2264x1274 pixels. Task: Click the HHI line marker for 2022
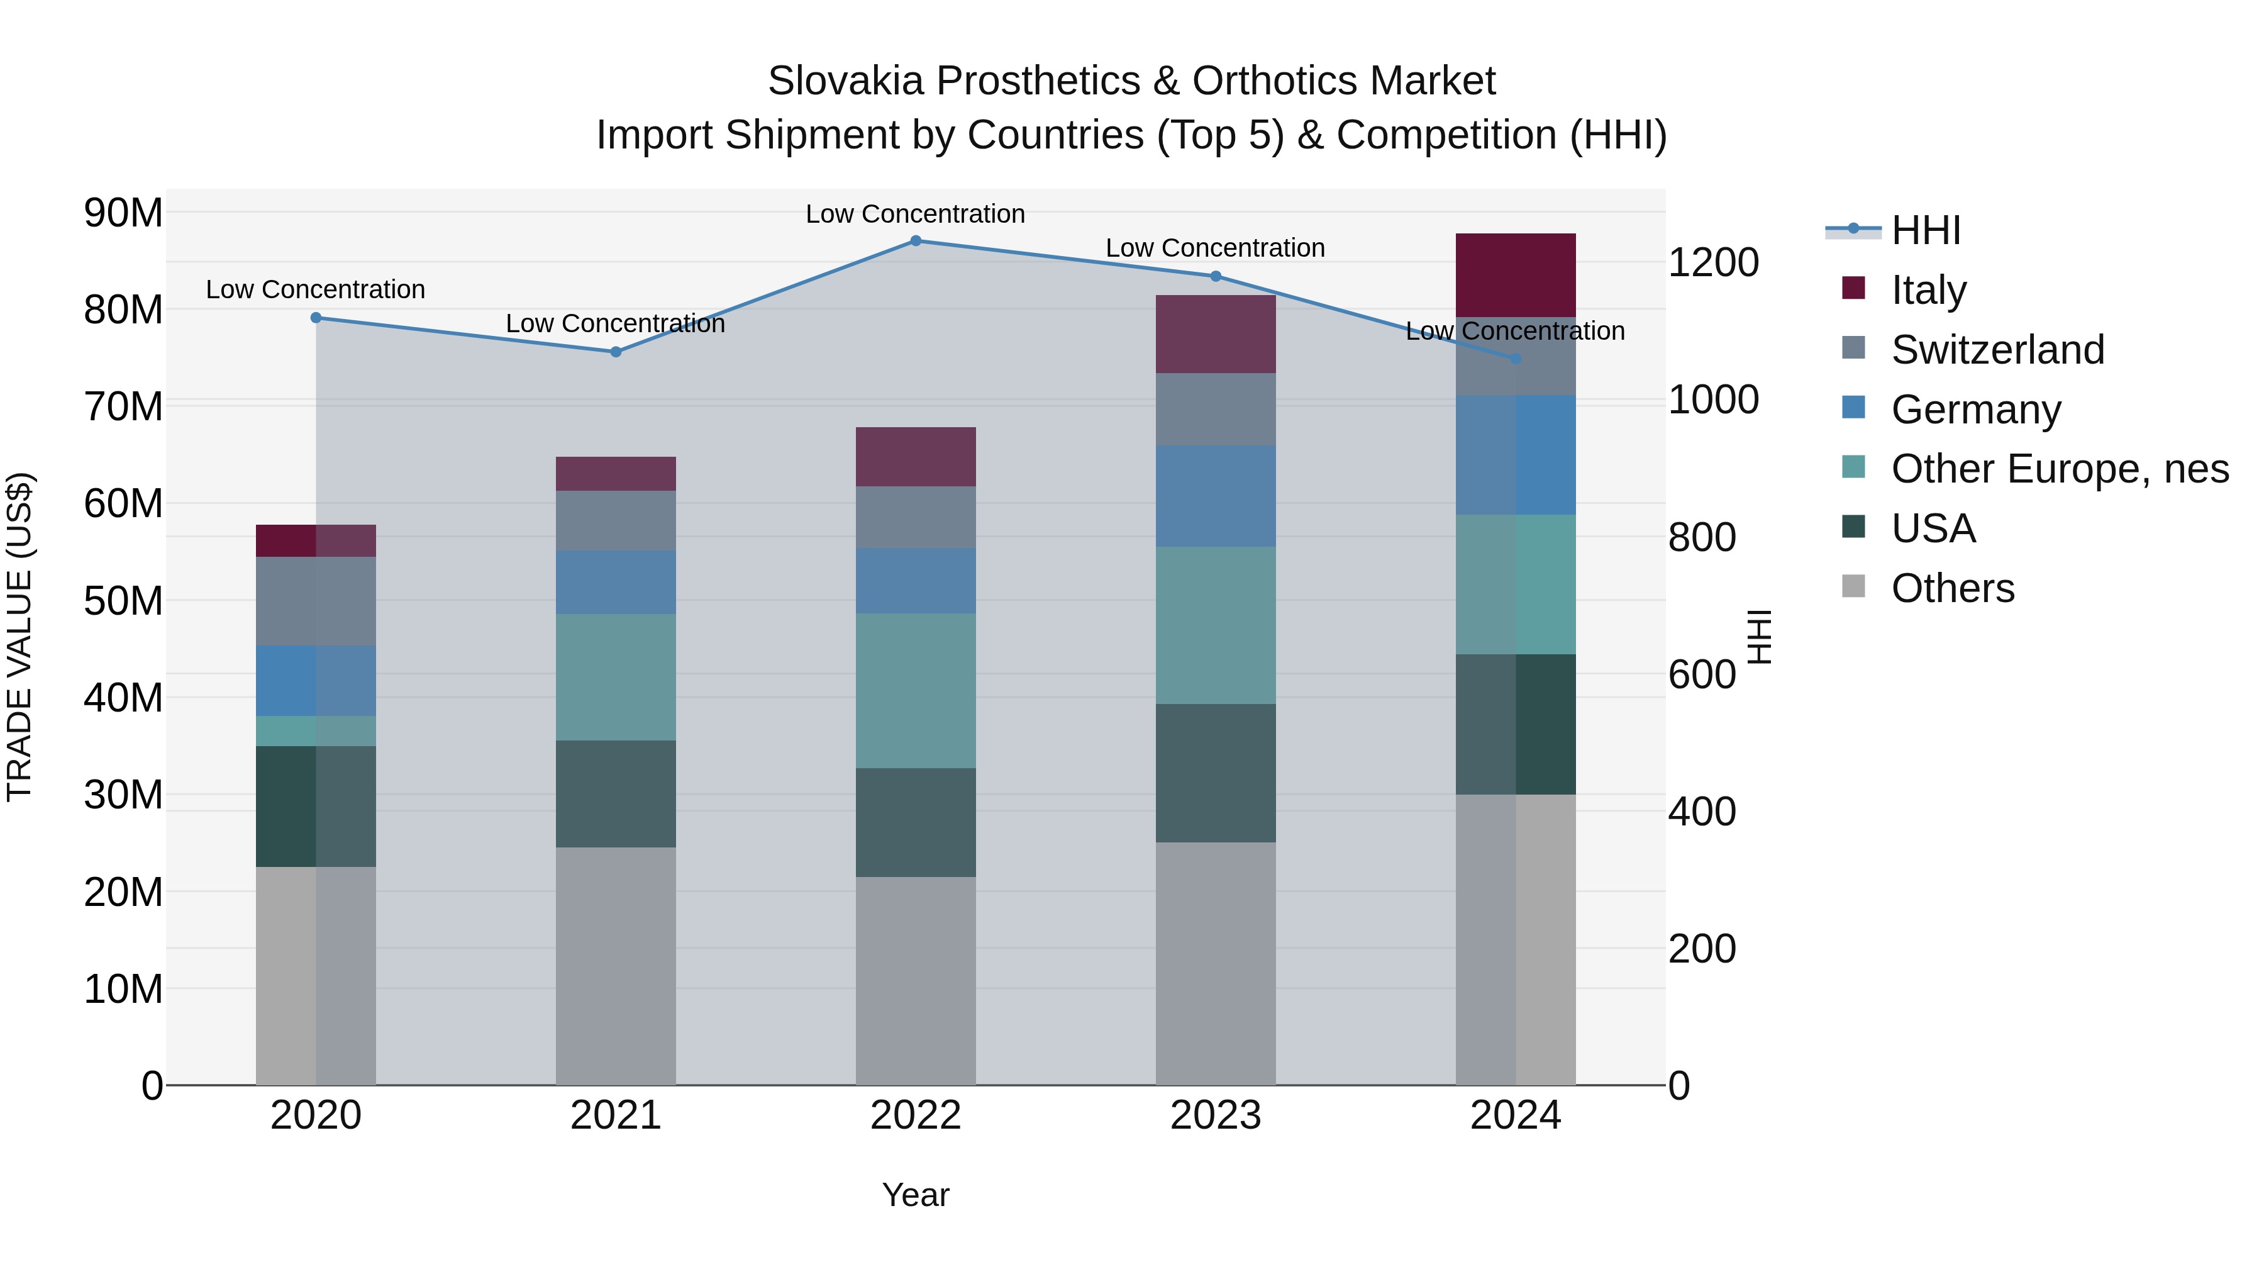(915, 240)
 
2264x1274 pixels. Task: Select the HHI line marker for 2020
(316, 318)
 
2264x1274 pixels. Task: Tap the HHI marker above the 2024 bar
(1515, 359)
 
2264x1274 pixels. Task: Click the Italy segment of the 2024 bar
(1515, 274)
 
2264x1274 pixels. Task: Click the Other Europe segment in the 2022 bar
(915, 690)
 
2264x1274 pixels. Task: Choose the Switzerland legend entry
(1997, 350)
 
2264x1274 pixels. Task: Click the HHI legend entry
(1925, 230)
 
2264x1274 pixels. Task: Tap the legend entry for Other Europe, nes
(2059, 469)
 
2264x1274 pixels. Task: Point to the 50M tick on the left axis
(123, 601)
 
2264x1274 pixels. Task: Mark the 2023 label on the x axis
(1216, 1115)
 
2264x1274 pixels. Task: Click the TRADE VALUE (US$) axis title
(19, 637)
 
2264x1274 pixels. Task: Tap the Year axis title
(915, 1195)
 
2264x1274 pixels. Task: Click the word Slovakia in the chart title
(845, 81)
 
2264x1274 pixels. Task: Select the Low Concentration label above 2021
(615, 323)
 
